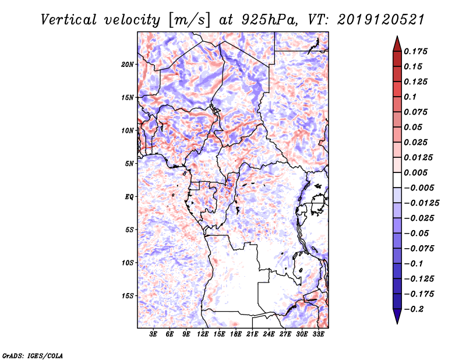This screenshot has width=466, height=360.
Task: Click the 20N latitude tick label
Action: (x=128, y=64)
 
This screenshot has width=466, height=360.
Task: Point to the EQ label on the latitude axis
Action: (x=129, y=197)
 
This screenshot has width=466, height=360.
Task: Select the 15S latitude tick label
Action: (x=128, y=296)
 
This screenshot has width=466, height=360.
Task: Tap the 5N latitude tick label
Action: (x=129, y=164)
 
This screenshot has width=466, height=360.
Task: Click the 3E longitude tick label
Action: (x=154, y=335)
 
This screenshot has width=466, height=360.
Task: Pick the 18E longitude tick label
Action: (x=236, y=335)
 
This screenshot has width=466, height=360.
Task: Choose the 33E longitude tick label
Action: (x=319, y=335)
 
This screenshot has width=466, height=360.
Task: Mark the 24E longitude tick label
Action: (x=269, y=335)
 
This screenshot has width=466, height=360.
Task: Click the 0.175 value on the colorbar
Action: (x=417, y=51)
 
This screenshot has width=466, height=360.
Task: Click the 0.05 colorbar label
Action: (x=415, y=127)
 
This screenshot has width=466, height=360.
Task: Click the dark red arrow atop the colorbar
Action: (x=397, y=44)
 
